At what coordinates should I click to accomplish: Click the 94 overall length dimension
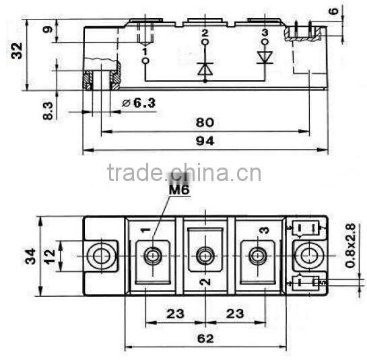205,142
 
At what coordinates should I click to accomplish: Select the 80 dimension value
205,122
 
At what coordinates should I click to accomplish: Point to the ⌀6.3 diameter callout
138,103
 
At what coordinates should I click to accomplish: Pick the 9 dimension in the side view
46,30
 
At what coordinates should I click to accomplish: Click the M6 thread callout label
179,190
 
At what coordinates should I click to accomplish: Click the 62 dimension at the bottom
205,338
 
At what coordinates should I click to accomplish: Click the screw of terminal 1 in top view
153,255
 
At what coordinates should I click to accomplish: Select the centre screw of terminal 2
205,255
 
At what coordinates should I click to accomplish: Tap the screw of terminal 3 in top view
257,255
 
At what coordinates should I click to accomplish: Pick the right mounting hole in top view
309,255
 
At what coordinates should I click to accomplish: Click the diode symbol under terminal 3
264,57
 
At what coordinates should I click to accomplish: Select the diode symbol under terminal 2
205,68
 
